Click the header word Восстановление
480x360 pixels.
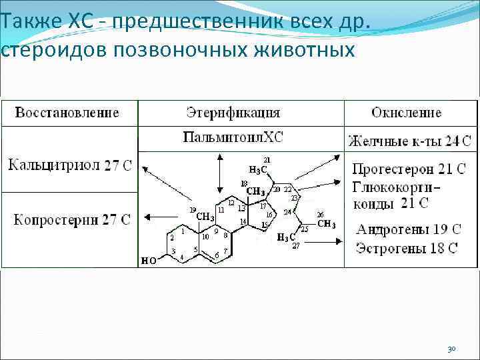click(x=67, y=112)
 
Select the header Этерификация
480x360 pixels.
click(x=233, y=112)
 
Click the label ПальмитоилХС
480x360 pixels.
click(x=233, y=138)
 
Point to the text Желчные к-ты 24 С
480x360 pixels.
click(x=409, y=141)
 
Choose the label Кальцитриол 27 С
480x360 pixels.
click(x=69, y=165)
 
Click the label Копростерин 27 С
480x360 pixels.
click(x=69, y=219)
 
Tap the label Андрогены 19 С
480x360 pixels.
click(x=409, y=230)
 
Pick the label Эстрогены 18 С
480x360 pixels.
click(x=407, y=249)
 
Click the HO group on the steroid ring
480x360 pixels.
click(x=149, y=261)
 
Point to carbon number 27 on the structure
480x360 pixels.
click(x=295, y=246)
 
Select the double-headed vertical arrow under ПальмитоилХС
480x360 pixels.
click(x=221, y=175)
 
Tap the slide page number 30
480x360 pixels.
click(x=451, y=349)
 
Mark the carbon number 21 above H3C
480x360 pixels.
click(x=267, y=159)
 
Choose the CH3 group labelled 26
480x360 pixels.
click(x=326, y=224)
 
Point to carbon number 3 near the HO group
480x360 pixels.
click(x=173, y=251)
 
